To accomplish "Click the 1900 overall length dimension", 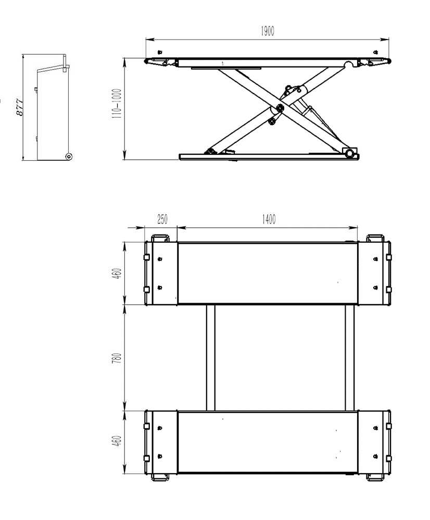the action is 267,31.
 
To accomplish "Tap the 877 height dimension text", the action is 20,107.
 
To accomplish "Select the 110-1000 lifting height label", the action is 117,104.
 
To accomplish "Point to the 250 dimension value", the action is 162,219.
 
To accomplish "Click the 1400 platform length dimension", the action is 269,219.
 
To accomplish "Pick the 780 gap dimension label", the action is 117,358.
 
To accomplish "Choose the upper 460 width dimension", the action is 118,274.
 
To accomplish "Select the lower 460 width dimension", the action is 118,441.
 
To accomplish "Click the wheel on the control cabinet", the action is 69,156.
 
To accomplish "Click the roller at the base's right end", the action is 349,153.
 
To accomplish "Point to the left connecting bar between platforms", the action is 210,358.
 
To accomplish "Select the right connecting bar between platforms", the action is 349,358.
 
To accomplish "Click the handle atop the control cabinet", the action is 66,63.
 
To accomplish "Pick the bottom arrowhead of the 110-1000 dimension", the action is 125,155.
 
